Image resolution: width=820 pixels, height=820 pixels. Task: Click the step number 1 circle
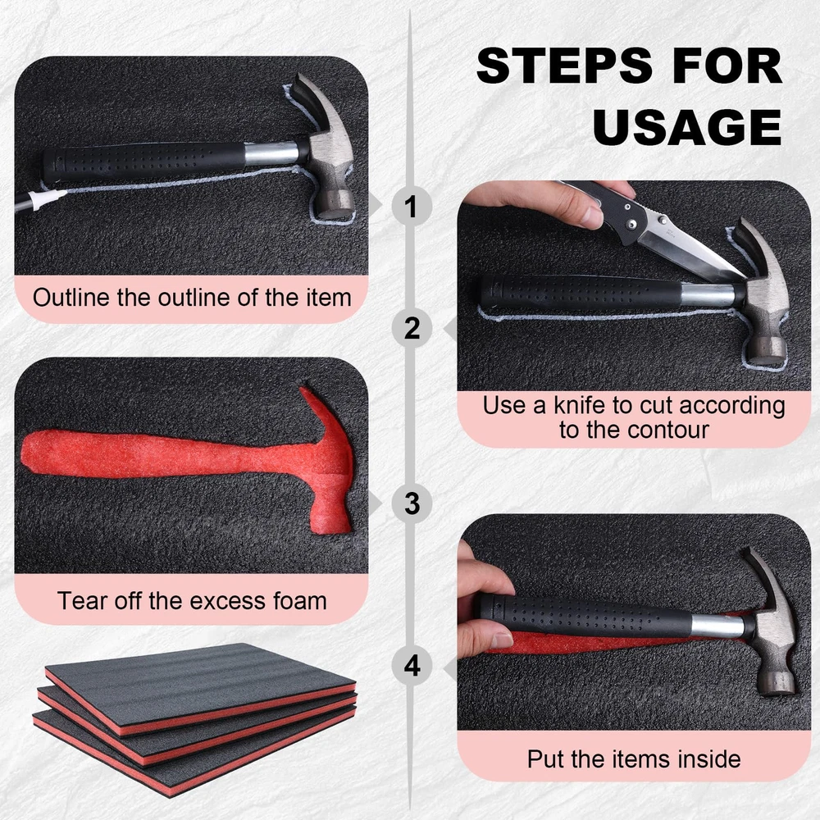click(412, 206)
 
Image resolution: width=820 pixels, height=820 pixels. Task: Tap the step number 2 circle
click(412, 329)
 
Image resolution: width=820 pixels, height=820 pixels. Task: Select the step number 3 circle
click(412, 503)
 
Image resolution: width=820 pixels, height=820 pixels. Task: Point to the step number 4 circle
click(412, 666)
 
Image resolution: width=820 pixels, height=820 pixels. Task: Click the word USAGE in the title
click(687, 127)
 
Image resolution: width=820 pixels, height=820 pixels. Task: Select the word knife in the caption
click(580, 405)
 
